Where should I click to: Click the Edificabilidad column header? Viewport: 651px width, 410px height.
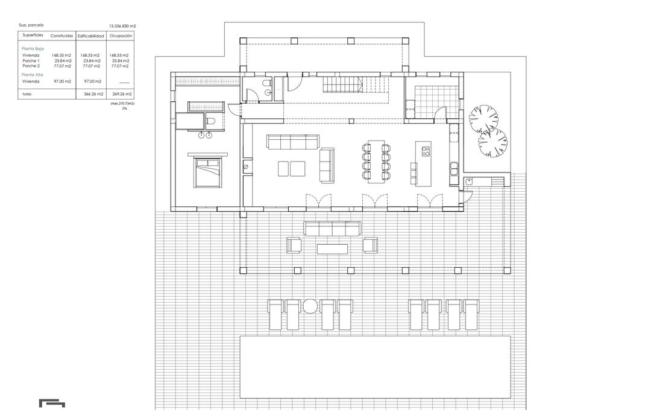(x=90, y=36)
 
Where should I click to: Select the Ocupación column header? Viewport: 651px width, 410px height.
(x=121, y=36)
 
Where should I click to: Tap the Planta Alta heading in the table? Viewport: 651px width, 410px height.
(x=32, y=75)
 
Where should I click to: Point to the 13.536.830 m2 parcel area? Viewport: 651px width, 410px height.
(x=122, y=26)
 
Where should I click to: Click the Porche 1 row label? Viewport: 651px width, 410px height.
(x=31, y=60)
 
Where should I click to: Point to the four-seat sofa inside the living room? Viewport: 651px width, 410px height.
(x=293, y=142)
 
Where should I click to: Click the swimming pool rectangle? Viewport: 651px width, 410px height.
(x=376, y=367)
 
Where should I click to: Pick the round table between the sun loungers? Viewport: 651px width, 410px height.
(x=310, y=306)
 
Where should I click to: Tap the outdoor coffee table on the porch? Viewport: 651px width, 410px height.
(x=332, y=248)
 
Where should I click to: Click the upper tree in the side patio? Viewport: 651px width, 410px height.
(x=483, y=119)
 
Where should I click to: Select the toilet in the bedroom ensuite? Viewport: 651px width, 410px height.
(x=210, y=122)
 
